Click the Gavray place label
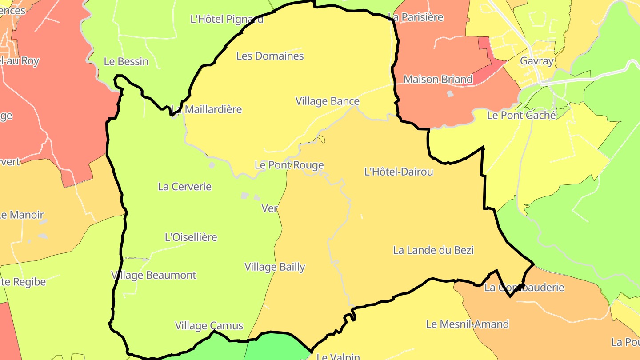(x=537, y=61)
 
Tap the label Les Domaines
(x=270, y=56)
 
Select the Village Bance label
(x=327, y=101)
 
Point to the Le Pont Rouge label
(x=289, y=165)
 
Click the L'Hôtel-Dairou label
(x=398, y=172)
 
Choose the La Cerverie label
(x=184, y=187)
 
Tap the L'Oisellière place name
(x=191, y=237)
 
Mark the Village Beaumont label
(x=154, y=275)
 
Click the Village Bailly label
(x=275, y=267)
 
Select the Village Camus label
(x=209, y=326)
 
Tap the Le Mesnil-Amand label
(x=467, y=324)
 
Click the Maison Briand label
(x=437, y=80)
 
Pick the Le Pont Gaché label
(x=521, y=116)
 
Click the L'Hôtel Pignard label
(x=227, y=19)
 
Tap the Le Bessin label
(x=126, y=62)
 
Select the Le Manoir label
(x=21, y=215)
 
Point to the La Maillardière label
(x=207, y=109)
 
